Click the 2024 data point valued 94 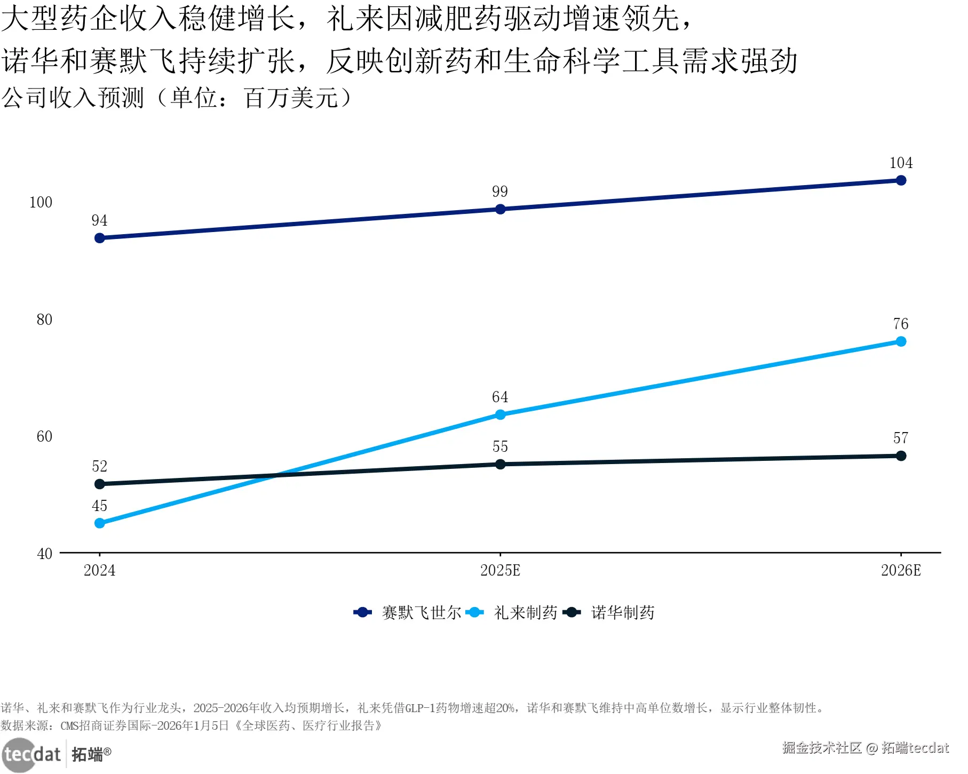[100, 238]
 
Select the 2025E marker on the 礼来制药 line [500, 414]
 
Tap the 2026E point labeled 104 [901, 180]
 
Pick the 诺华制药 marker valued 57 [901, 456]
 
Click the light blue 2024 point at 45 [100, 523]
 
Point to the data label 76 [901, 324]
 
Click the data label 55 [500, 446]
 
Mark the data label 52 [100, 466]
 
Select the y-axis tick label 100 [41, 202]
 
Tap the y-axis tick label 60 [44, 436]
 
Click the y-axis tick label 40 [44, 554]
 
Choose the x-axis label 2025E [500, 570]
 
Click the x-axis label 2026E [901, 570]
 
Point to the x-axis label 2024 [100, 570]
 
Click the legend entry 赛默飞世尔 [408, 612]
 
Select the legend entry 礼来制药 [512, 612]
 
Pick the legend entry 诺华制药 [609, 612]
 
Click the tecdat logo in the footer [56, 754]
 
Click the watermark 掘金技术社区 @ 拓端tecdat [866, 748]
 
